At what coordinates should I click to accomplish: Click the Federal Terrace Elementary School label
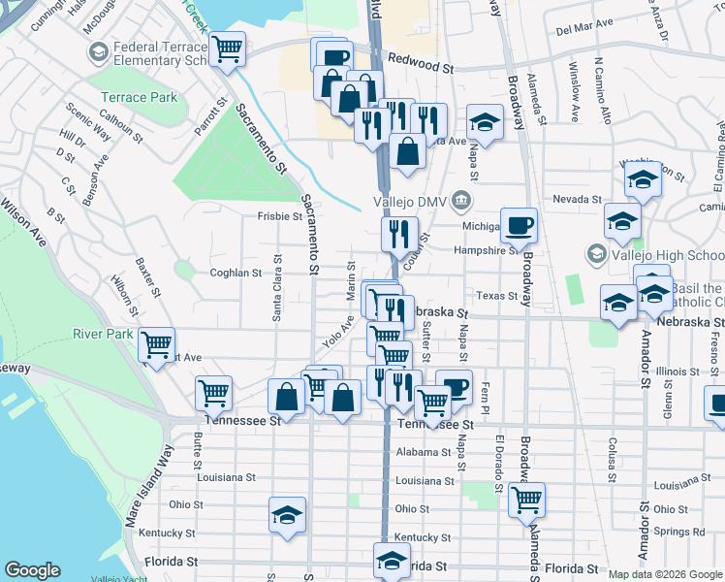pos(159,53)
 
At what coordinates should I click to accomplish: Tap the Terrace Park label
pos(139,97)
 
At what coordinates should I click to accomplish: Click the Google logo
pos(32,570)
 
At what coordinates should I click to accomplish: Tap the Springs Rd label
pos(679,532)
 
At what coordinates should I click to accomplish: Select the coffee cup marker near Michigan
pos(519,226)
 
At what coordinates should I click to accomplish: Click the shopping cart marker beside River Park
pos(156,343)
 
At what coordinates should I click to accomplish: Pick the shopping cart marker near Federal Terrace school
pos(227,48)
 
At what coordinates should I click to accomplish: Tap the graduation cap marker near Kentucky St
pos(288,515)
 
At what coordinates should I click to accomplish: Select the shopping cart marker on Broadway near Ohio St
pos(526,500)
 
